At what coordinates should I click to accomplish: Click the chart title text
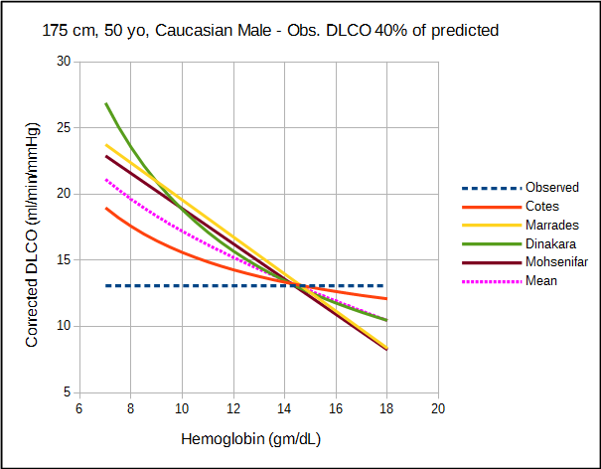click(270, 31)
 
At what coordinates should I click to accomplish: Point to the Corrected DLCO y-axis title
click(32, 234)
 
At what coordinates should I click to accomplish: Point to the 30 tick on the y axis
click(65, 62)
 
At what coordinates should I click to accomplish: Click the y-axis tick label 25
click(65, 127)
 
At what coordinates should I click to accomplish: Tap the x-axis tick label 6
click(79, 408)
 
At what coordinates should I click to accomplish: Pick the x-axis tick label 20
click(437, 408)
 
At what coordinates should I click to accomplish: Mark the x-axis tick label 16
click(335, 408)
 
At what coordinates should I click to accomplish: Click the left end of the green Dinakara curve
click(105, 103)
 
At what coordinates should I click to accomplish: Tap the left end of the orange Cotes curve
click(105, 209)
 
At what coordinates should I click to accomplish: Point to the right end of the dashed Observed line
click(385, 286)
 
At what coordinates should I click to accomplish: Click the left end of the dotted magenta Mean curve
click(105, 180)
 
